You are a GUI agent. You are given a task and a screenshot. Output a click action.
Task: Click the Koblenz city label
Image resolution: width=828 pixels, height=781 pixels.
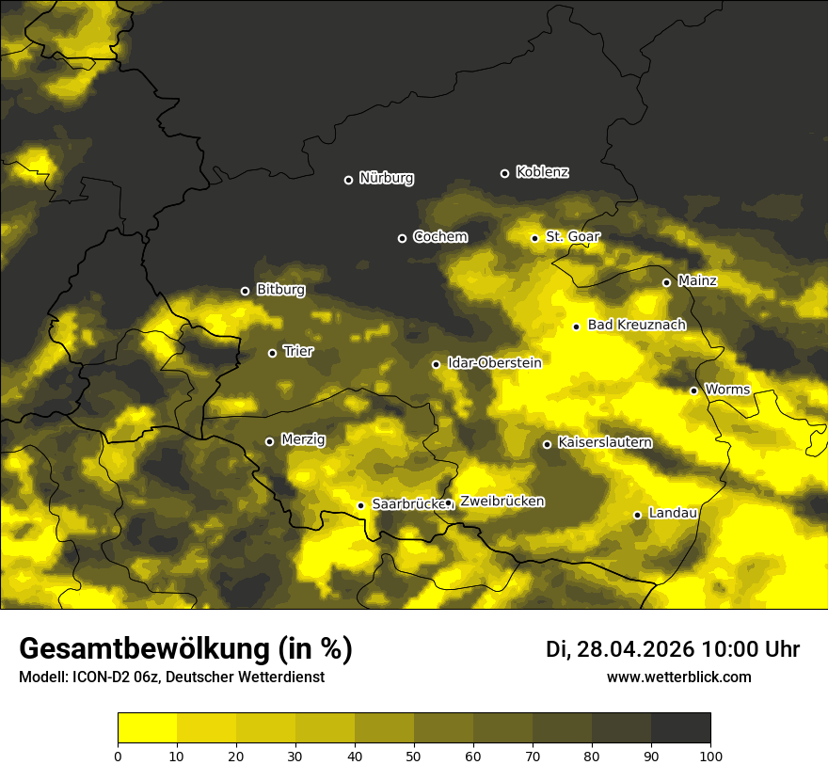coord(543,172)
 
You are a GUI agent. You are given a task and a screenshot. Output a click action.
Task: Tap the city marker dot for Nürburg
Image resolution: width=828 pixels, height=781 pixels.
coord(348,180)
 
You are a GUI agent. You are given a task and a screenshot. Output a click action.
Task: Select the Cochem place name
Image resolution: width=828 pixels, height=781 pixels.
coord(439,237)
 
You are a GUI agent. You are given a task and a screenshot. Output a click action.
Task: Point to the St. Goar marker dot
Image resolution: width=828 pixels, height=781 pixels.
coord(534,238)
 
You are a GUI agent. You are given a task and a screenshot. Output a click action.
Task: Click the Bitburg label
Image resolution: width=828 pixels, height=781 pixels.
coord(280,290)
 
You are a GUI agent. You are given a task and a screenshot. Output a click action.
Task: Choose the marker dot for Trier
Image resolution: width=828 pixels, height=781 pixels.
coord(273,353)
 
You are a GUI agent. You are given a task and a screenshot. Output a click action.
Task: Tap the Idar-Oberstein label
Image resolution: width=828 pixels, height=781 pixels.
coord(494,363)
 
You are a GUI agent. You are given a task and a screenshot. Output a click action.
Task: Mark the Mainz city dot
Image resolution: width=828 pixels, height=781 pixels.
coord(666,282)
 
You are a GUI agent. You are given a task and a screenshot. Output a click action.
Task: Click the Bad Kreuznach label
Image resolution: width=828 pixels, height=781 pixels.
coord(636,325)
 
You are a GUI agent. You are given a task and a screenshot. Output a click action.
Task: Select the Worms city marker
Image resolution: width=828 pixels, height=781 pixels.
coord(693,390)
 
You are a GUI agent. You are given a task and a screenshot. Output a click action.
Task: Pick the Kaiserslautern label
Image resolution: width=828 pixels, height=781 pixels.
coord(604,442)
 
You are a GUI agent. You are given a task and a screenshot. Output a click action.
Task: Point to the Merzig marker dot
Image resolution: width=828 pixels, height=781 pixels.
coord(269,441)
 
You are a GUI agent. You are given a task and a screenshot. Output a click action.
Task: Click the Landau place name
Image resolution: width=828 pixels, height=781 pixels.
coord(673,513)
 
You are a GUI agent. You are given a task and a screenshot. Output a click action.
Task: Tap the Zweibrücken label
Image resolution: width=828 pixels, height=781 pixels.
coord(502,502)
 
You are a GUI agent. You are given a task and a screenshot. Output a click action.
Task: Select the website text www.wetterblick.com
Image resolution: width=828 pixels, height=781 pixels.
coord(678,677)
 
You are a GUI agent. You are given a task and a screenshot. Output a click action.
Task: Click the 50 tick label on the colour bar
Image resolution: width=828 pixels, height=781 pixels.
coord(414,755)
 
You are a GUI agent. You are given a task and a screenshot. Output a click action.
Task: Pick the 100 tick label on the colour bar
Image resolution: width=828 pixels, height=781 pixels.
coord(710,755)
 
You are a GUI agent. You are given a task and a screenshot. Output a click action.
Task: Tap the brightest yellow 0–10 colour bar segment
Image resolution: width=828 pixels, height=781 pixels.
coord(147,728)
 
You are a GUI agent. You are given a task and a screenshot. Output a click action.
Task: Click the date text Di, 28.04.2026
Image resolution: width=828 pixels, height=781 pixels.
coord(619,649)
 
